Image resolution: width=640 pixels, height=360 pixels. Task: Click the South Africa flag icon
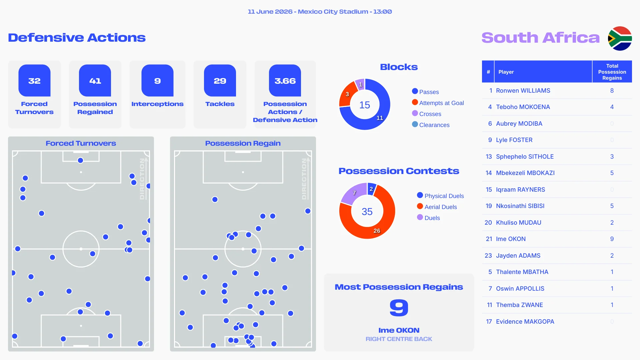tap(620, 38)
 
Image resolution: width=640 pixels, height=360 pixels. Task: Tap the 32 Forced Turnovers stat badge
tap(34, 80)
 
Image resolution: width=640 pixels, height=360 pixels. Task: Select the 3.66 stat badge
tap(285, 80)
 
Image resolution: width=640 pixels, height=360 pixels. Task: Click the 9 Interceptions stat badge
tap(157, 80)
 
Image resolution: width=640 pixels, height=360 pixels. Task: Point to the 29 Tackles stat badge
tap(220, 80)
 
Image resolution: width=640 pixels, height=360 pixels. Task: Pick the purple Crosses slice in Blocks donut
tap(360, 84)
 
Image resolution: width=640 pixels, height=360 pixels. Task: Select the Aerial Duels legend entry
tap(437, 207)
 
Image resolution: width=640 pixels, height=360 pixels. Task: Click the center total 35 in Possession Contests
tap(367, 211)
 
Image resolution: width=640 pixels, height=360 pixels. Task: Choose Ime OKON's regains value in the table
tap(612, 239)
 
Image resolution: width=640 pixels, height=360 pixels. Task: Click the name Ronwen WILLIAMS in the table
tap(523, 91)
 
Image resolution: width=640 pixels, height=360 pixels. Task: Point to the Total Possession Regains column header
tap(612, 72)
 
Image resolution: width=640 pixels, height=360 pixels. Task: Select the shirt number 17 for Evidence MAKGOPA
tap(489, 322)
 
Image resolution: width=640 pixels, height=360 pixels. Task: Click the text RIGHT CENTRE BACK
tap(399, 339)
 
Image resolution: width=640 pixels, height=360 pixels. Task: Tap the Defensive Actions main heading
tap(77, 38)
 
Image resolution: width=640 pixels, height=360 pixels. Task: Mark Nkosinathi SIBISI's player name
tap(520, 206)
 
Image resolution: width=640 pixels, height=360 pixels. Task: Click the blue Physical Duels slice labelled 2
tap(371, 189)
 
